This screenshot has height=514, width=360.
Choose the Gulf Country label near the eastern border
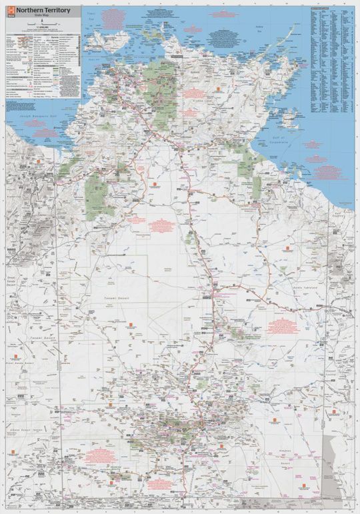pyautogui.click(x=341, y=215)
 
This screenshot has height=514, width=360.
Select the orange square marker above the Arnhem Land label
pyautogui.click(x=217, y=87)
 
